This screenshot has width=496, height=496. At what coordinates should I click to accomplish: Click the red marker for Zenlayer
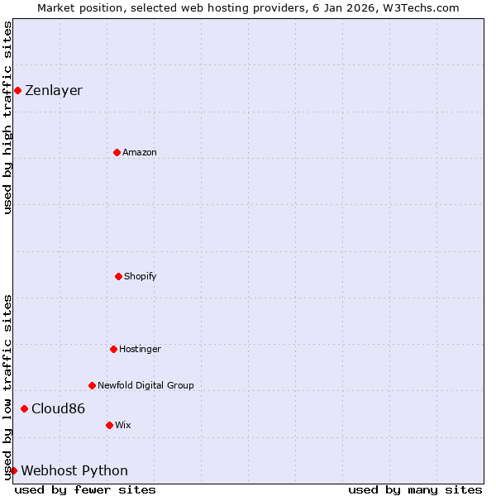17,90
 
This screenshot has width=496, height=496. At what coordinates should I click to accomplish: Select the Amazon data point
117,152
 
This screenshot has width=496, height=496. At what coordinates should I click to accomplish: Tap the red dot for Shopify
118,276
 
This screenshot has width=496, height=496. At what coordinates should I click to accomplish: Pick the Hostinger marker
113,349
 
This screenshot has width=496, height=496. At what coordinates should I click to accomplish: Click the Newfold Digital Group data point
92,385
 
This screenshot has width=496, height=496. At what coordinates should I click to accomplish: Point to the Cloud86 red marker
24,408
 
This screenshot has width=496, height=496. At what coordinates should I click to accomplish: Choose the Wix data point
109,425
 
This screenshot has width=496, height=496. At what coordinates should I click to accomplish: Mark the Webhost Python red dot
13,470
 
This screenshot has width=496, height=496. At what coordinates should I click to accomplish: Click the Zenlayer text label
54,91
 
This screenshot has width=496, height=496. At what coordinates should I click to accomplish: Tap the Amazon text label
140,153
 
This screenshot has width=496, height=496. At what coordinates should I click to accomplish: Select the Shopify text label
141,277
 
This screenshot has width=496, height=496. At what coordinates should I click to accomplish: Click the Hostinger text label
140,350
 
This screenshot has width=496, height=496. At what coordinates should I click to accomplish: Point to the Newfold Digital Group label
145,386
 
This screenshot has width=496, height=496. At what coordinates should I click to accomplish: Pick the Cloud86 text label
58,409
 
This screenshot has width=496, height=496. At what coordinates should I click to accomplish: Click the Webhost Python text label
74,471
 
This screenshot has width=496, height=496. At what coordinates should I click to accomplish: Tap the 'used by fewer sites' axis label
85,489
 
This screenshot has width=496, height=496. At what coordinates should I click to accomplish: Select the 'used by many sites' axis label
415,489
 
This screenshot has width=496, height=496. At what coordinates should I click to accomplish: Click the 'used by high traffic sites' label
7,117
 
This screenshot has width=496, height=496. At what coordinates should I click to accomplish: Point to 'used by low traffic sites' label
7,387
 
